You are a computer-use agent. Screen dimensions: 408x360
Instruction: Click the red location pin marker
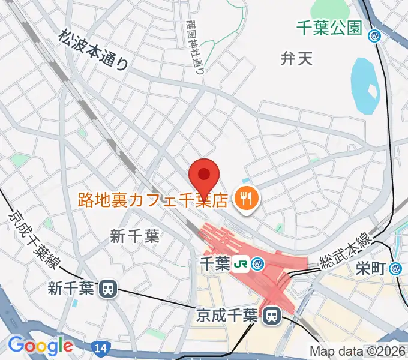pyautogui.click(x=204, y=175)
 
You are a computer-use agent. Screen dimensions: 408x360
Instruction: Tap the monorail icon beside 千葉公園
pyautogui.click(x=376, y=36)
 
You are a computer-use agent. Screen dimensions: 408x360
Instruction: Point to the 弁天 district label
pyautogui.click(x=297, y=58)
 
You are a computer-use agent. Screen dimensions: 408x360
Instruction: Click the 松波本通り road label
pyautogui.click(x=94, y=51)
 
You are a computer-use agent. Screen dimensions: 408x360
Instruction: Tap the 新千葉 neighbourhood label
pyautogui.click(x=134, y=236)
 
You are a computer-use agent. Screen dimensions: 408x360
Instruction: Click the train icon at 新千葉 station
pyautogui.click(x=108, y=289)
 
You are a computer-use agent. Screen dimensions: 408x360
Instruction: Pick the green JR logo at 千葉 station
pyautogui.click(x=241, y=263)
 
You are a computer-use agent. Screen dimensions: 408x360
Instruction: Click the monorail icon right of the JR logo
pyautogui.click(x=258, y=263)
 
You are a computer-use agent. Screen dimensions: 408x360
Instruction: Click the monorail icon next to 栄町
pyautogui.click(x=395, y=268)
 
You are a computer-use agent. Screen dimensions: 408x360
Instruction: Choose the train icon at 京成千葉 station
pyautogui.click(x=271, y=314)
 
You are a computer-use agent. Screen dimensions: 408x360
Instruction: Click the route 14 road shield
pyautogui.click(x=98, y=347)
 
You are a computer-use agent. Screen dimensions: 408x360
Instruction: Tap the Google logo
pyautogui.click(x=40, y=346)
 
